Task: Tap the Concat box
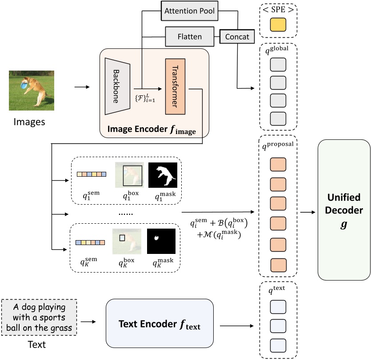click(237, 36)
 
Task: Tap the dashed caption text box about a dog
click(40, 318)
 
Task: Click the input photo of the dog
click(32, 90)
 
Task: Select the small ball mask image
click(161, 241)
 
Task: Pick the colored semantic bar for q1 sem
click(92, 174)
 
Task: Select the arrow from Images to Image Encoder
click(82, 87)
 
